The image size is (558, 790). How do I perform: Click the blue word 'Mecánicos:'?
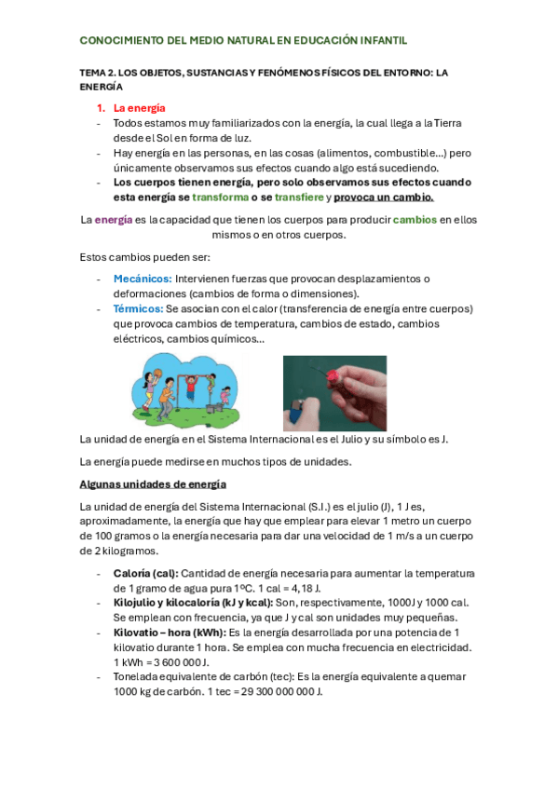point(142,279)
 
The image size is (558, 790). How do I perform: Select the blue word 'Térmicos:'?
point(138,308)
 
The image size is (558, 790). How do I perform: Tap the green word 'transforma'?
point(222,197)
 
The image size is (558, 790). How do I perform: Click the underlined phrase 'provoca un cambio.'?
point(384,197)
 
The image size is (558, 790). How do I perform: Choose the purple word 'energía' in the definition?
point(114,220)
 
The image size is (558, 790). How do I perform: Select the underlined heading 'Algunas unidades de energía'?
point(153,484)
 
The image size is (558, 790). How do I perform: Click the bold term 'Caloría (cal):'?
point(145,574)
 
